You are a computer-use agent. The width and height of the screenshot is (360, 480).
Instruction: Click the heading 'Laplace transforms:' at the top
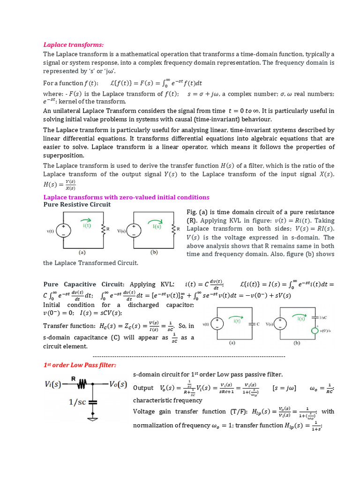pos(73,45)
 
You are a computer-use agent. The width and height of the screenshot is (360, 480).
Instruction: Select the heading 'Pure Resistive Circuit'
pos(77,204)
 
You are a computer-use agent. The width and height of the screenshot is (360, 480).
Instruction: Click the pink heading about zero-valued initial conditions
pos(126,197)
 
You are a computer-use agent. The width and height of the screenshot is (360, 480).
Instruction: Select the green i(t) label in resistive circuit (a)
pos(87,225)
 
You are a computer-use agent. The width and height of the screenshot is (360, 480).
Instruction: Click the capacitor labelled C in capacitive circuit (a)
pos(252,323)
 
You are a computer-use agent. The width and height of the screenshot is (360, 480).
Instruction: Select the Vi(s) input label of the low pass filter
pos(55,384)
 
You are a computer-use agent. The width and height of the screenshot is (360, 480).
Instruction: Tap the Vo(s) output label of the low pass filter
pos(115,384)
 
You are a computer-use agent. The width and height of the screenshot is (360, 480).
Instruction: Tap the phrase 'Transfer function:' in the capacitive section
pos(70,326)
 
